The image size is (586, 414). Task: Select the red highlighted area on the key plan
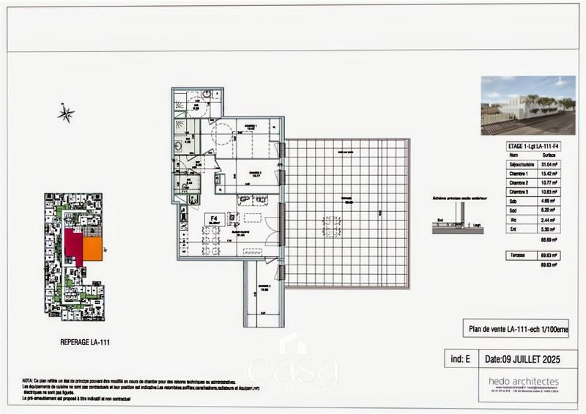point(74,243)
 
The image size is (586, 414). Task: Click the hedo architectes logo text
point(524,381)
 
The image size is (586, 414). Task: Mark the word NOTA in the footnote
point(28,381)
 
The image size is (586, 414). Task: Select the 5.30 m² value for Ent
point(546,229)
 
